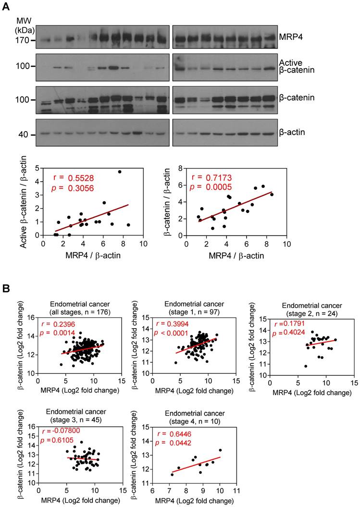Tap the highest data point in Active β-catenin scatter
(119, 172)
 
